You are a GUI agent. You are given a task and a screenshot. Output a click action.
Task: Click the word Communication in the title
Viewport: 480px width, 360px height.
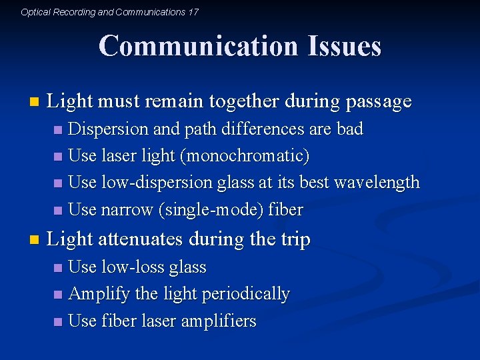(x=197, y=47)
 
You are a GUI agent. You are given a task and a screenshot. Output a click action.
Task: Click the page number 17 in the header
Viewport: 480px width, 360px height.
(x=193, y=12)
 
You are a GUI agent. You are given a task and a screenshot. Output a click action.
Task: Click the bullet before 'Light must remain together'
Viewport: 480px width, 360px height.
(x=35, y=103)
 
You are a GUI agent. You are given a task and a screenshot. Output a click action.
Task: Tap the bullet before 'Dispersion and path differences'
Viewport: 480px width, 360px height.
(x=59, y=129)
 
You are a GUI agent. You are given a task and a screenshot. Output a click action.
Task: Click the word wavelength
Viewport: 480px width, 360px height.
(x=379, y=182)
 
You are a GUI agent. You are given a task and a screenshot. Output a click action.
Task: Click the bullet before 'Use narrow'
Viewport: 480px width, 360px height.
(x=59, y=211)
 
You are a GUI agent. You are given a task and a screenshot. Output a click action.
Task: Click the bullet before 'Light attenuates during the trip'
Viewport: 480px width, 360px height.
(x=35, y=240)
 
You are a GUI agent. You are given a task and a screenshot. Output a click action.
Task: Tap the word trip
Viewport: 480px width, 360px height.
(x=292, y=239)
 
